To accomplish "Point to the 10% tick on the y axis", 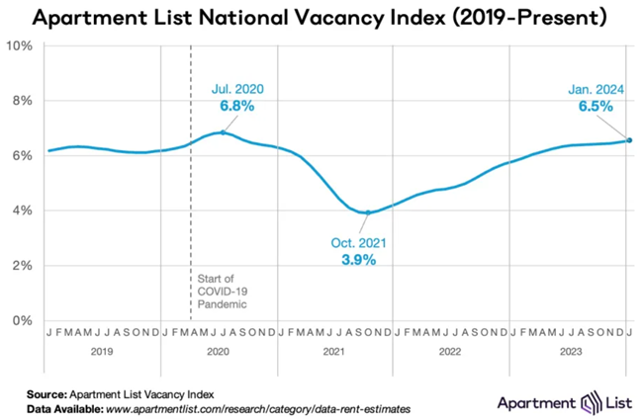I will click(x=22, y=46).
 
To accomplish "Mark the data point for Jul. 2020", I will click(x=223, y=132).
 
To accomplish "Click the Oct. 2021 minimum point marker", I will click(x=369, y=212).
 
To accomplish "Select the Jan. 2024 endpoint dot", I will click(x=629, y=140).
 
